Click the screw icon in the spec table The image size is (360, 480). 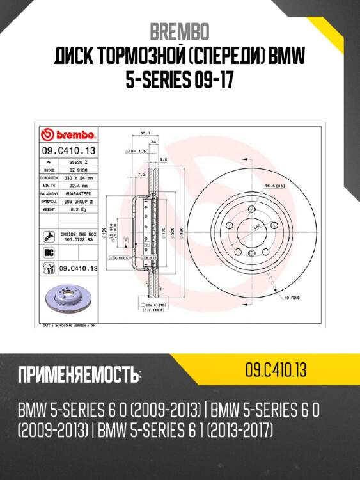coord(47,236)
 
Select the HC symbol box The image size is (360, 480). coord(47,253)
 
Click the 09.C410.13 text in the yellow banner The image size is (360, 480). coord(276,369)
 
